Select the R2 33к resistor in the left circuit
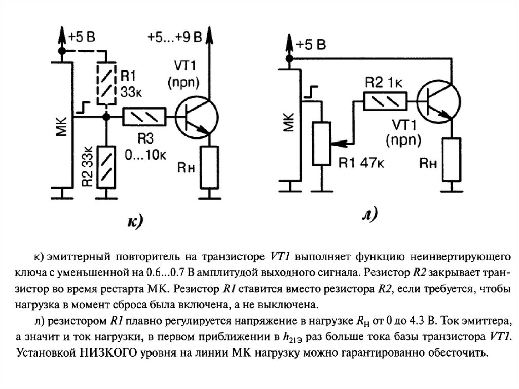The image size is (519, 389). (106, 165)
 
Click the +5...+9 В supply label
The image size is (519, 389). (175, 37)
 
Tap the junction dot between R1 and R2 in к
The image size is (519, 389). (106, 117)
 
